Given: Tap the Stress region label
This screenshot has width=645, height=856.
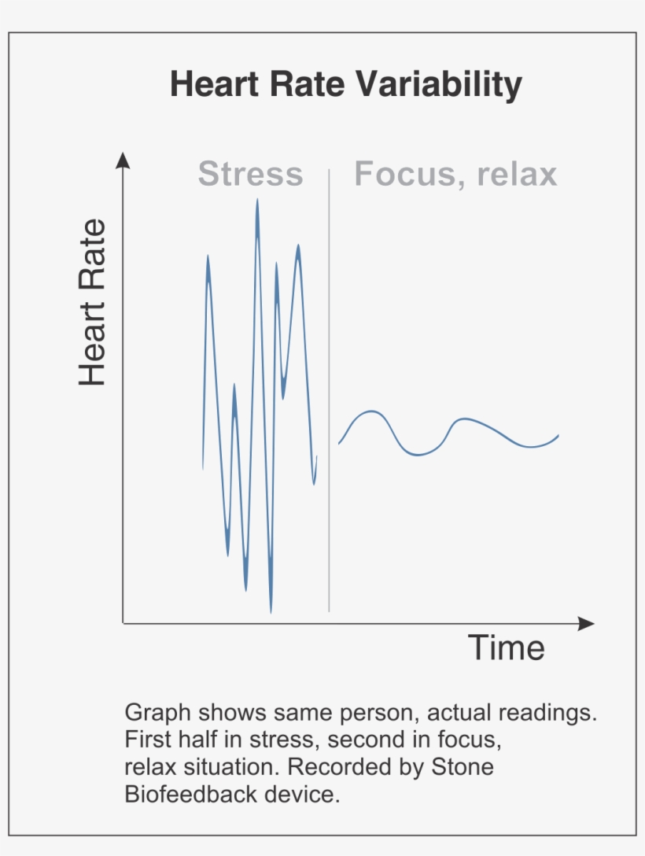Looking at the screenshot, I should tap(250, 174).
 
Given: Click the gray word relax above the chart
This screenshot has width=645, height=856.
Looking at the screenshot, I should tap(512, 174).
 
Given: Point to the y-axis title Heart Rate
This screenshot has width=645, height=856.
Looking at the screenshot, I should tap(92, 303).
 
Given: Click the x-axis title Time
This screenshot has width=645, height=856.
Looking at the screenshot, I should tap(507, 648).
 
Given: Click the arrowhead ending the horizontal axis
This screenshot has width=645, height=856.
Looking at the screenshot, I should tap(586, 623).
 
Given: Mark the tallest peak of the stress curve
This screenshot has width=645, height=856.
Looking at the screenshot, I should tap(256, 201).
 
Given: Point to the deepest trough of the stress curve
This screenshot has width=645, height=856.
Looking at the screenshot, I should tap(271, 611).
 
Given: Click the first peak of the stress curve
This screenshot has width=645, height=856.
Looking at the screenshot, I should tap(208, 256).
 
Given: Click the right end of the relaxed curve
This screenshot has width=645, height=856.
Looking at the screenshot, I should tap(558, 435).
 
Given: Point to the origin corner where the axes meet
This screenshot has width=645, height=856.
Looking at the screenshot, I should tap(123, 623).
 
